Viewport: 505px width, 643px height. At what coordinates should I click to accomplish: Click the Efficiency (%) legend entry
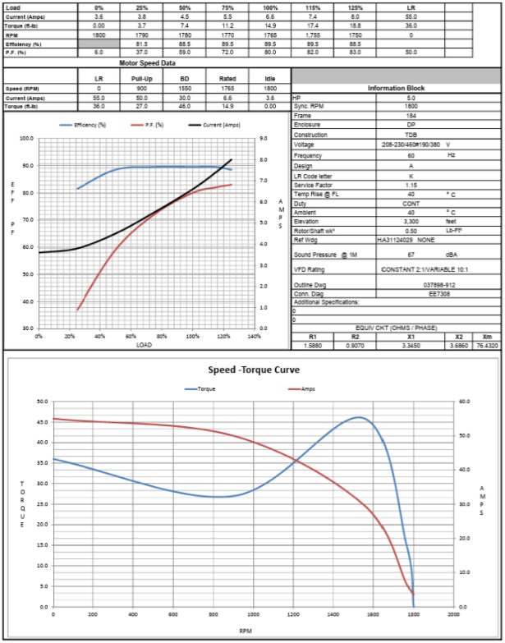[x=90, y=125]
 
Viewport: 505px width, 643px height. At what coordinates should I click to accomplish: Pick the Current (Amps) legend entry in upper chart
[x=213, y=125]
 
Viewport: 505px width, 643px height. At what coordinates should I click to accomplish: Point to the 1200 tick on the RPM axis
[x=293, y=614]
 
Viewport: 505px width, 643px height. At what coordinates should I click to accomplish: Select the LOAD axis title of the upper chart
[x=144, y=345]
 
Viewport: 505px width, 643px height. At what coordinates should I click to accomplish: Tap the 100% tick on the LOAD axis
[x=192, y=336]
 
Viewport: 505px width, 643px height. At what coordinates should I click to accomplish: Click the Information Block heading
[x=397, y=87]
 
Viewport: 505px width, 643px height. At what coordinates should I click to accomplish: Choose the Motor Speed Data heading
[x=147, y=62]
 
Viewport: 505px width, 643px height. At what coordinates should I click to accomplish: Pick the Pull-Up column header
[x=142, y=78]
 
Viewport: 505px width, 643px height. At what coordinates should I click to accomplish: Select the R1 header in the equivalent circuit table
[x=313, y=337]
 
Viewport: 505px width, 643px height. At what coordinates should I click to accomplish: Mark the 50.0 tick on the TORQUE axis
[x=42, y=402]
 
